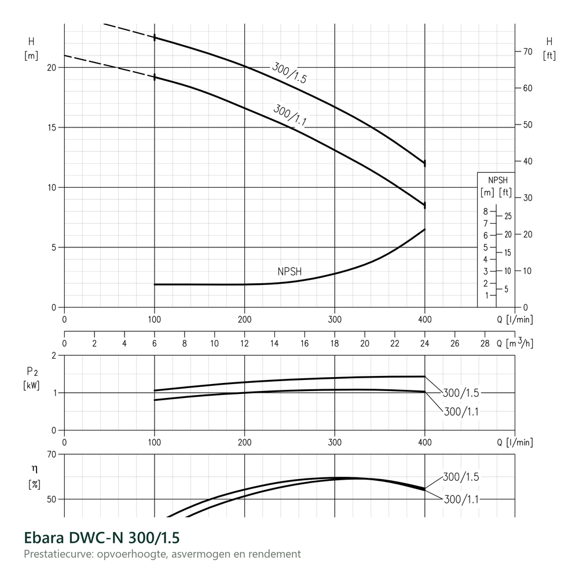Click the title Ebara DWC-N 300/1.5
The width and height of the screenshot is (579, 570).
tap(101, 538)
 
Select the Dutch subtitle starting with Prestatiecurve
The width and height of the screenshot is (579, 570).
tap(163, 554)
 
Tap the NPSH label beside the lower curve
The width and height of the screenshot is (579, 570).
tap(289, 272)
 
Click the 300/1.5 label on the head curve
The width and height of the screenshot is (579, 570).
tap(289, 73)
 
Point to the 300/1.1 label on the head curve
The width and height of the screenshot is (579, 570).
tap(290, 115)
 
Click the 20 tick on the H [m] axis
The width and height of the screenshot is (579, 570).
tap(52, 68)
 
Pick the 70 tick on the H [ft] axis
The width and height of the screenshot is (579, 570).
tap(527, 52)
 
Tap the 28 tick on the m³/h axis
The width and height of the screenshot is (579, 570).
tap(485, 344)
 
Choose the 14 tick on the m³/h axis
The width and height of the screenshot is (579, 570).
tap(274, 344)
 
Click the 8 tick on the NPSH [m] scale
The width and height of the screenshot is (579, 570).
tap(486, 211)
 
